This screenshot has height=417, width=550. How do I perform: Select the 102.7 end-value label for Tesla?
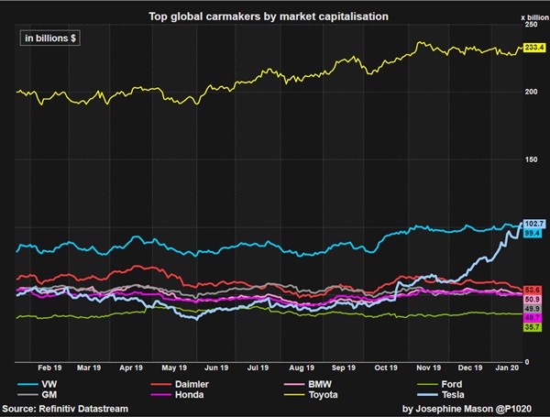click(x=533, y=224)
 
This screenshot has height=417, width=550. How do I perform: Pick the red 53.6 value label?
click(x=533, y=290)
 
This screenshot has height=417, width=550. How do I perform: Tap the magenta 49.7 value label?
click(x=533, y=318)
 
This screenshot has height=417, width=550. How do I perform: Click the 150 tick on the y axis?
click(x=530, y=159)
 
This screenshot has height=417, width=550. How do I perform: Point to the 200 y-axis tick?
click(x=530, y=92)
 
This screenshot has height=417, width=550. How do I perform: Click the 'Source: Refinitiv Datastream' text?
click(x=65, y=408)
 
